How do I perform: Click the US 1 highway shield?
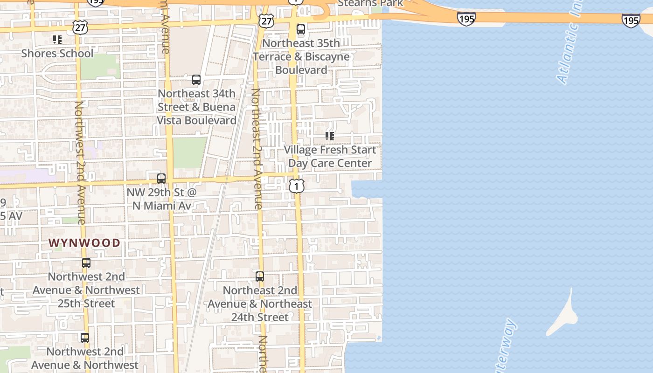tap(296, 186)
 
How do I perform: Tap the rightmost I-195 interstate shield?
tap(631, 20)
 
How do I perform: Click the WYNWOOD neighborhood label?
tap(84, 243)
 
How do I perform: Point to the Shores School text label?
tap(57, 53)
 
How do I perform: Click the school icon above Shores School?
tap(57, 40)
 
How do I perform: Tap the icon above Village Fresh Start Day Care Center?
tap(330, 136)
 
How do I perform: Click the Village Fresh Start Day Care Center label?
tap(330, 157)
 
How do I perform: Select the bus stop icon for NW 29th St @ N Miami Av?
tap(161, 178)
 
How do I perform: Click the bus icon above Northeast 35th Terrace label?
tap(301, 29)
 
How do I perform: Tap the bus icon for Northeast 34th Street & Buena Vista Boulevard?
tap(196, 80)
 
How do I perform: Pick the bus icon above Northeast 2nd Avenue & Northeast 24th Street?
tap(260, 276)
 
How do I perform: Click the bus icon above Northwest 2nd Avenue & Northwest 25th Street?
tap(86, 263)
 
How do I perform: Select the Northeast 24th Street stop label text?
tap(260, 304)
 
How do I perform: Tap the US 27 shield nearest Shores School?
tap(80, 28)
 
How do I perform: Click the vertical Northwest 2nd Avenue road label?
tap(80, 163)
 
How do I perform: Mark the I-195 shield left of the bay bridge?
tap(466, 19)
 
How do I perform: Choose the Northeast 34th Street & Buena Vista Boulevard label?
tap(196, 107)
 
